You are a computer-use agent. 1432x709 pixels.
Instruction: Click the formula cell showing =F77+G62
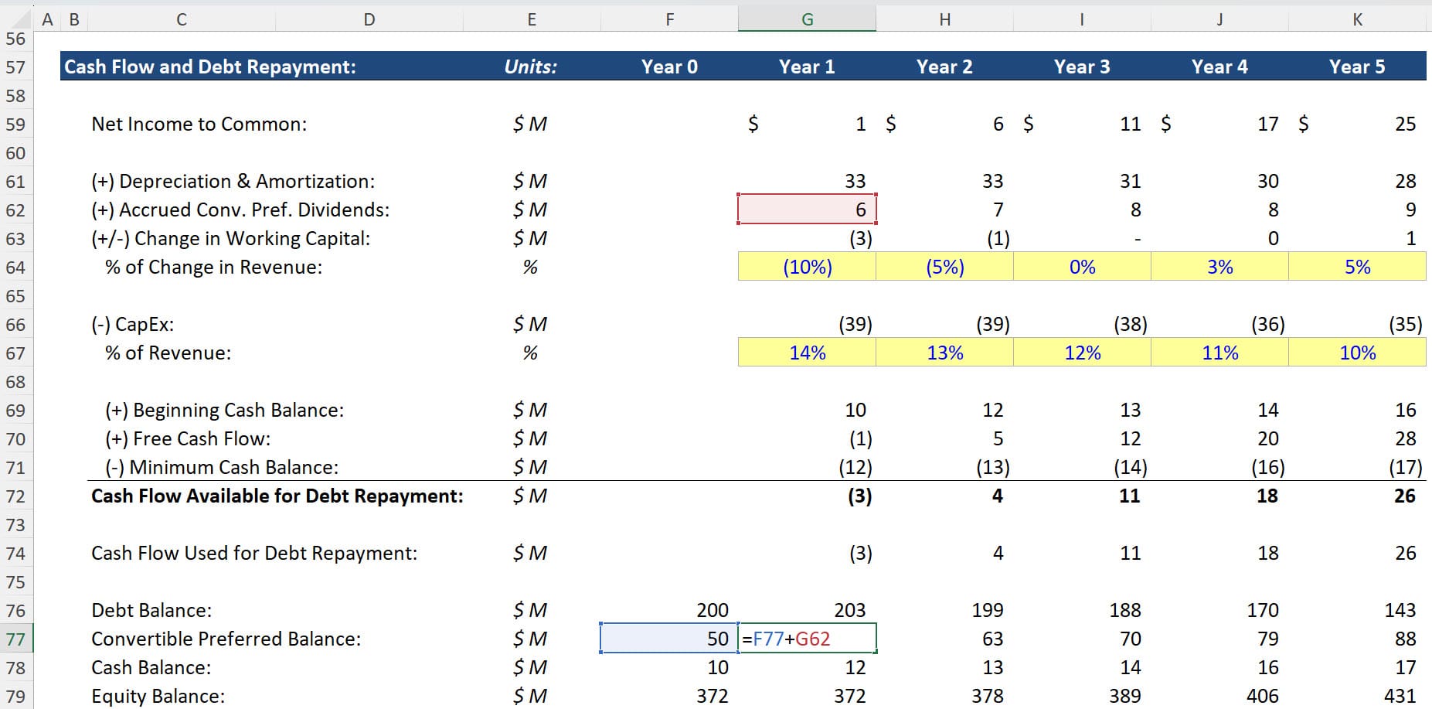(x=807, y=639)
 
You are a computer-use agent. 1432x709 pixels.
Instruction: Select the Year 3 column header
(x=1081, y=66)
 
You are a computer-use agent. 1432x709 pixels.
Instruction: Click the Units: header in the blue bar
(x=530, y=66)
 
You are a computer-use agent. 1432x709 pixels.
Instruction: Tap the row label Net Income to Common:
(x=199, y=124)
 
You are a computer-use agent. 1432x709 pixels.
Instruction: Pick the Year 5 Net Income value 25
(x=1405, y=124)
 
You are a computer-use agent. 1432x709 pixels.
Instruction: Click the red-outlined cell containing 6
(x=807, y=210)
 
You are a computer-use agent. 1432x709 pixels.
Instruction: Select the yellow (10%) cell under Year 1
(x=807, y=267)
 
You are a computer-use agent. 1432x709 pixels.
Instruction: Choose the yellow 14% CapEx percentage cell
(x=807, y=353)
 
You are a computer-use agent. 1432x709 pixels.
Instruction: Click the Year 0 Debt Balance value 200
(x=712, y=610)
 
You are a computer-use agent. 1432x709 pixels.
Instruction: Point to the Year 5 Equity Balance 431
(x=1400, y=696)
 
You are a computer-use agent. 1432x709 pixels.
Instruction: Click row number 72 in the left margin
(x=15, y=496)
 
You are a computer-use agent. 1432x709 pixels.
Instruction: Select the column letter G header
(x=807, y=19)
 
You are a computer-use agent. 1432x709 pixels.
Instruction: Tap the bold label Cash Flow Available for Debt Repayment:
(x=277, y=496)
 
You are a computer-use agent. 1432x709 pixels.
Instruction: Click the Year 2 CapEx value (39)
(x=992, y=324)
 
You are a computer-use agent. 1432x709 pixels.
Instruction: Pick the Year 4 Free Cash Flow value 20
(x=1267, y=438)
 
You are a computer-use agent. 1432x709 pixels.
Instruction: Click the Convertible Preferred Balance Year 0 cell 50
(x=669, y=639)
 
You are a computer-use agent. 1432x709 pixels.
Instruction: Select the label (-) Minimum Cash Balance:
(x=222, y=467)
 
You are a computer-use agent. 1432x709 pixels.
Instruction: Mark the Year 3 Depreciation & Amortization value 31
(x=1130, y=181)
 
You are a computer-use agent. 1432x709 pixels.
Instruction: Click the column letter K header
(x=1357, y=19)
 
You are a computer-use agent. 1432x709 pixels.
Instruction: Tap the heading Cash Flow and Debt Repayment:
(x=209, y=66)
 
